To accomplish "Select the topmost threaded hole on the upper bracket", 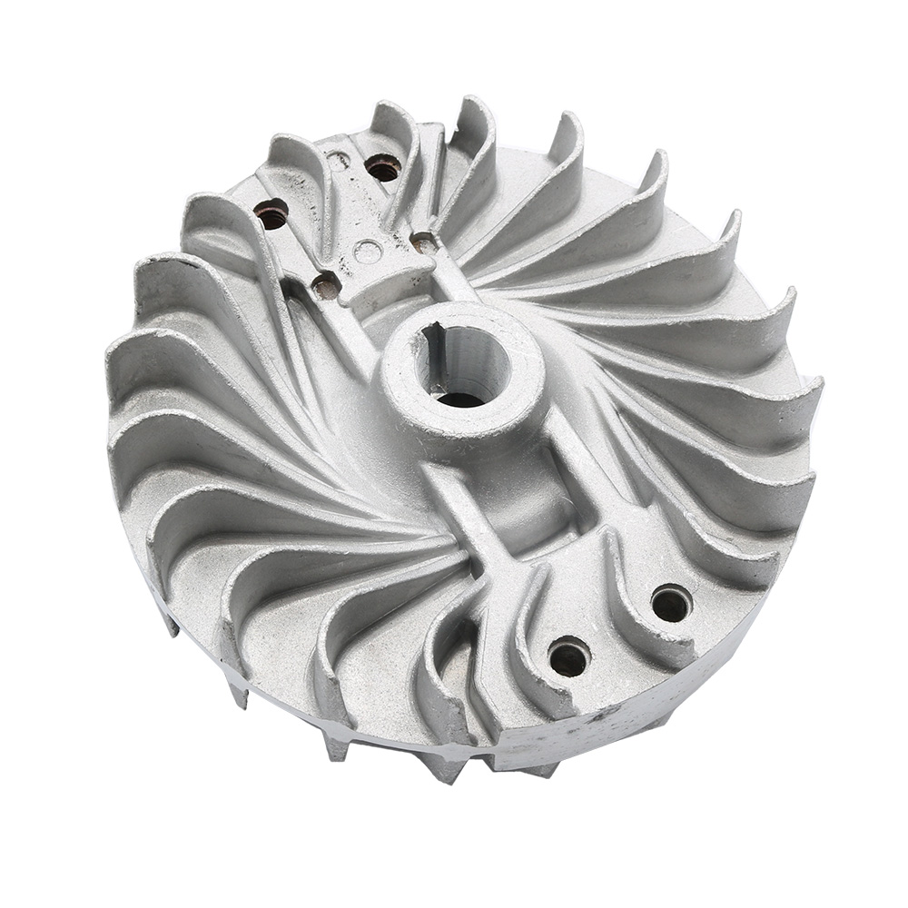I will tap(383, 167).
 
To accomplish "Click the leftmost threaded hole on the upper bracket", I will tap(271, 214).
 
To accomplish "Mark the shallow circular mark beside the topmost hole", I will tap(338, 162).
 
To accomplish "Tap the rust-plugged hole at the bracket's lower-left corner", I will tap(326, 286).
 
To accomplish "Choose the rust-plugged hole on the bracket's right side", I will tap(423, 242).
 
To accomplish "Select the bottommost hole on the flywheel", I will tap(569, 656).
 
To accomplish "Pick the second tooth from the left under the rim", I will tap(238, 694).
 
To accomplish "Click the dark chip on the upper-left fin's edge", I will tap(186, 263).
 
